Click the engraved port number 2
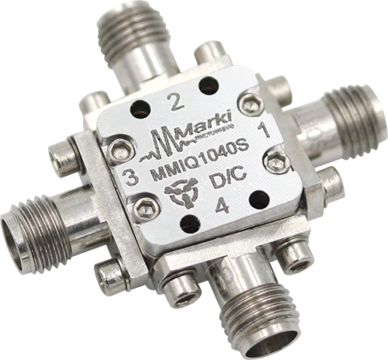point(175,100)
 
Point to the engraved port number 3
point(131,178)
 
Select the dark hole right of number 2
point(206,85)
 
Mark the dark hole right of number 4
point(258,199)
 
